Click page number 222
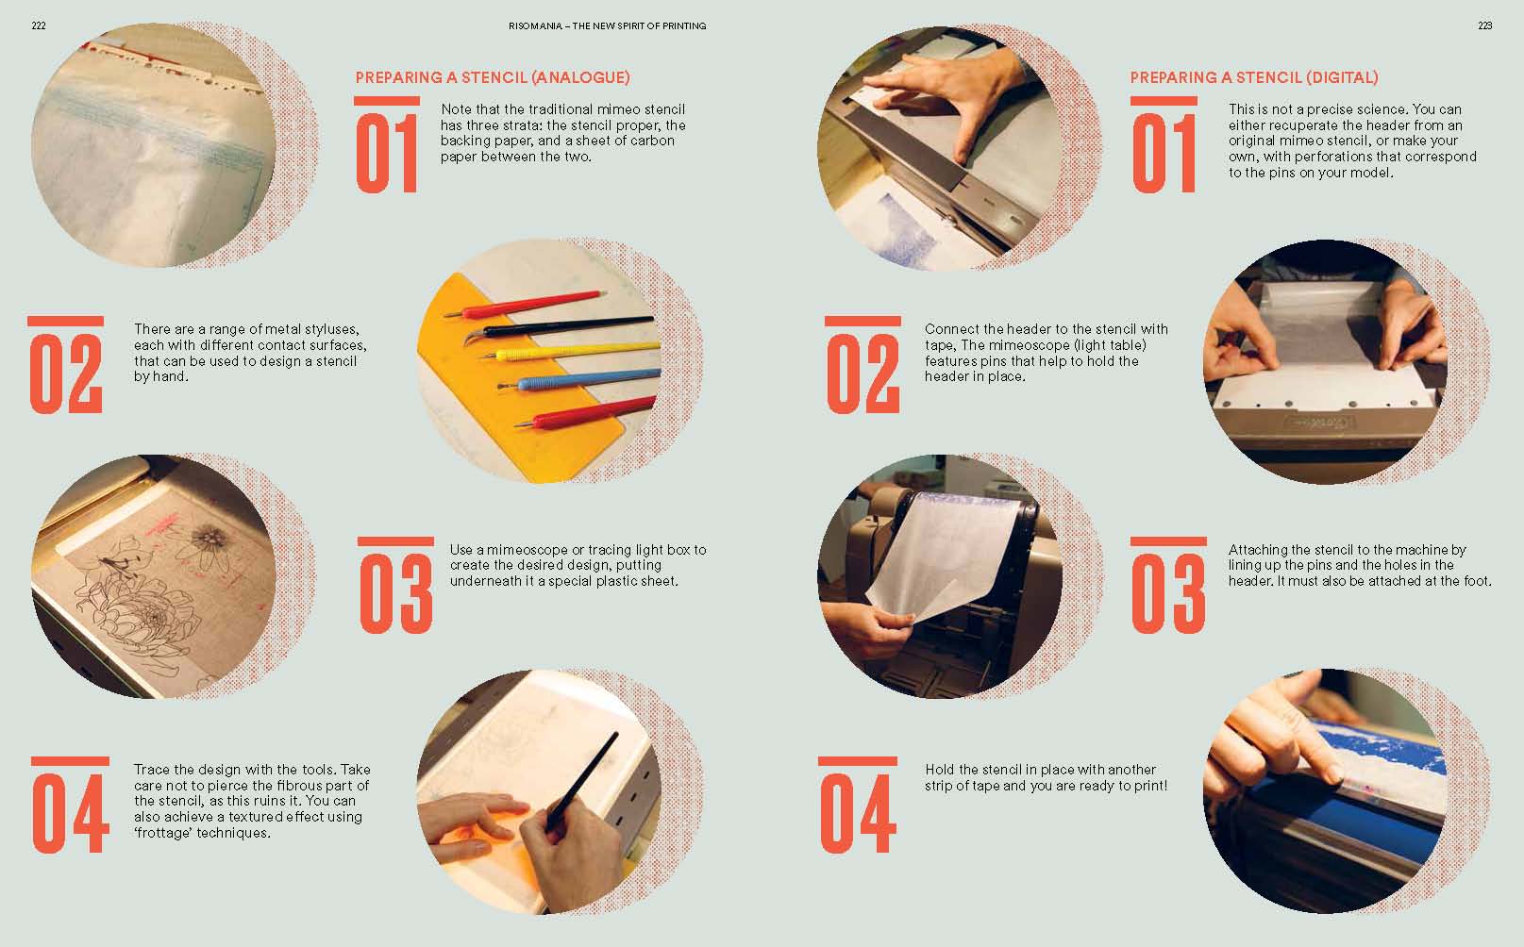point(39,25)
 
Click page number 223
point(1484,25)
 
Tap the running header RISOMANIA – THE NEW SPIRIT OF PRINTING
point(608,25)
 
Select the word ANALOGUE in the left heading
point(581,77)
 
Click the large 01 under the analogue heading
point(387,153)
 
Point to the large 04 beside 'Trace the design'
point(70,813)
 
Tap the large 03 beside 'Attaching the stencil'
point(1168,593)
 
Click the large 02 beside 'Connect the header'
point(862,374)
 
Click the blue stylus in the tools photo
point(579,380)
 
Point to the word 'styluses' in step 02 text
point(330,330)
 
